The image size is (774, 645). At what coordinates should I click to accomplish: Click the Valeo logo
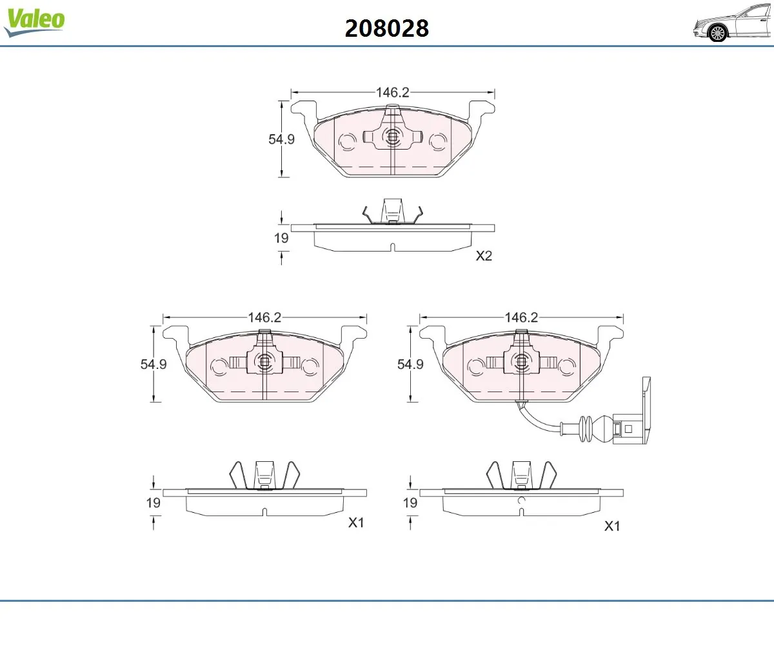point(34,22)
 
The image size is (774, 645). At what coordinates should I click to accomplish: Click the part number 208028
point(386,28)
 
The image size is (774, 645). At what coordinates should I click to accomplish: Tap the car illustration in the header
point(733,23)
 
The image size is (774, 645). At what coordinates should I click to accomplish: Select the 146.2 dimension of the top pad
point(393,92)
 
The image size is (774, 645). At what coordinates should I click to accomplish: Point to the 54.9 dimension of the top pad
point(281,139)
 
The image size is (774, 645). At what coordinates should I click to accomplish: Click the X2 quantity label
point(484,256)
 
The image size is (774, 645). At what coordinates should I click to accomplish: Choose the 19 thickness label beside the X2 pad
point(281,238)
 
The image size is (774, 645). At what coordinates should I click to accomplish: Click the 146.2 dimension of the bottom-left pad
point(264,317)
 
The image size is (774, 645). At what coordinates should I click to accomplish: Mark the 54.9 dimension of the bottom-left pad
point(154,364)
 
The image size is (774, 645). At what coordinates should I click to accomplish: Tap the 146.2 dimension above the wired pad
point(521,317)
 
